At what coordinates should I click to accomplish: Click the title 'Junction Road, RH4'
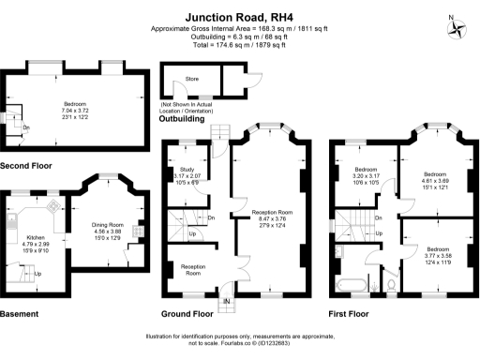239,16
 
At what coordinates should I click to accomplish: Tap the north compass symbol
457,25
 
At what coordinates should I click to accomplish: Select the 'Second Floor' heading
28,166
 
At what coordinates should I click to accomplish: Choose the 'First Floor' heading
349,312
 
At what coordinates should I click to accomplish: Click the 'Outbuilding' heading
184,119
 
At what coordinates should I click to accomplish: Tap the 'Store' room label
191,80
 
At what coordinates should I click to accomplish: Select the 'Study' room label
187,170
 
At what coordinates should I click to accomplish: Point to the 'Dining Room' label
106,221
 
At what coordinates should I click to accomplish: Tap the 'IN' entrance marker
225,300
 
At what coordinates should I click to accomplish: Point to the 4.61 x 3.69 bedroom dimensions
434,185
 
